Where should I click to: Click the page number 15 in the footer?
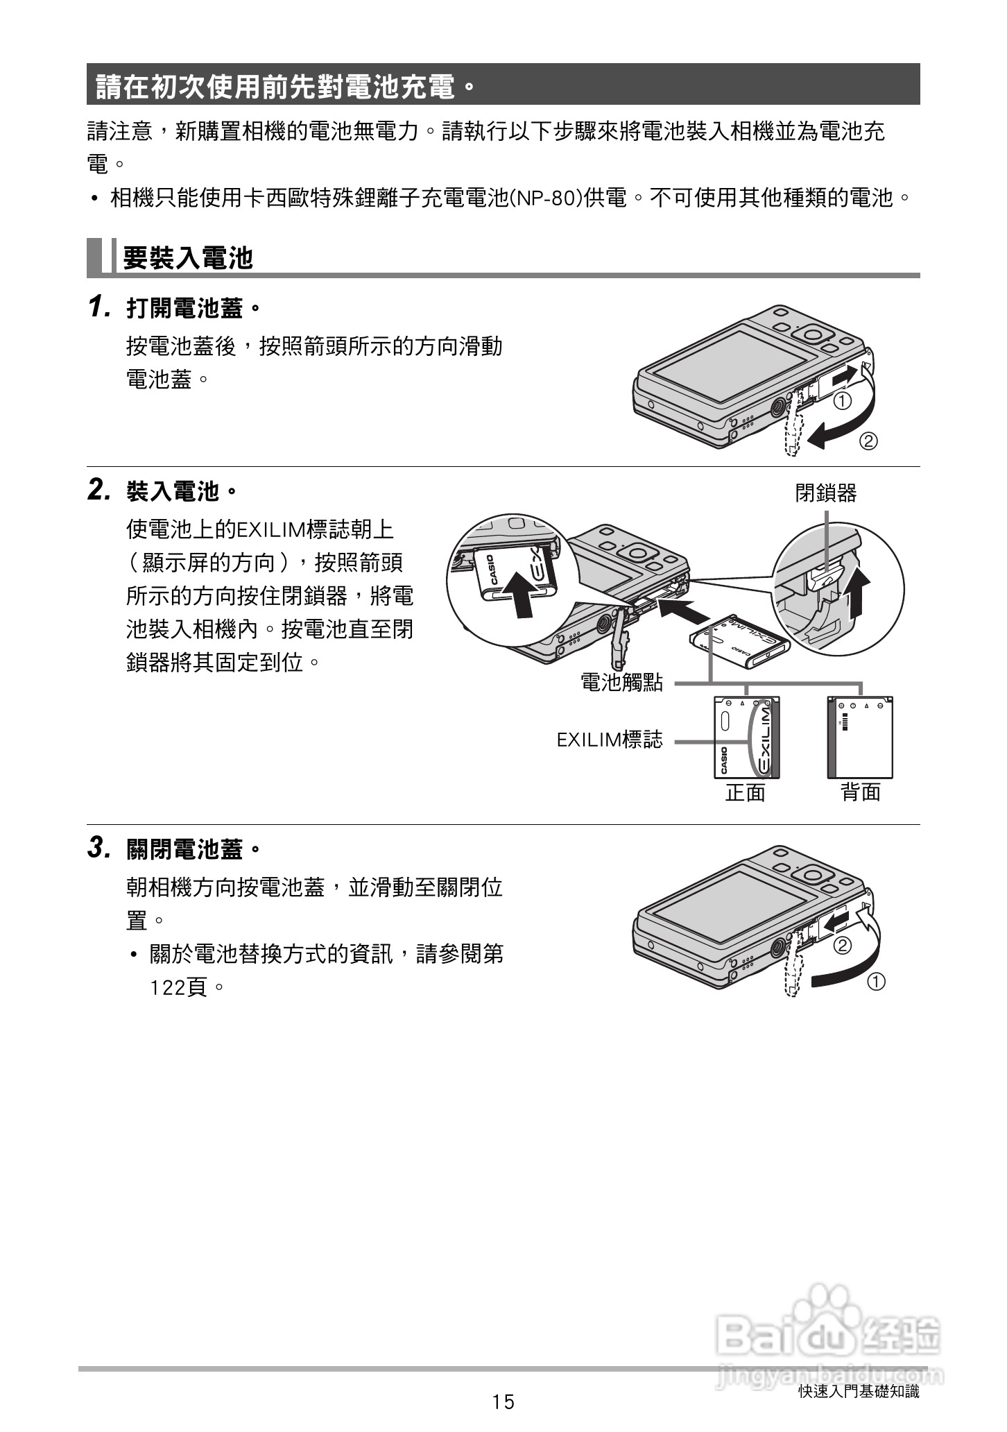pyautogui.click(x=504, y=1402)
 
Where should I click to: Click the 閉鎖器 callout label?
pyautogui.click(x=825, y=493)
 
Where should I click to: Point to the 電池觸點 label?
pyautogui.click(x=621, y=683)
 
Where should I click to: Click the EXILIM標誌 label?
pyautogui.click(x=610, y=740)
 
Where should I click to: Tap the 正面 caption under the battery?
pyautogui.click(x=745, y=792)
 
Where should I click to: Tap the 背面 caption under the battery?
pyautogui.click(x=861, y=792)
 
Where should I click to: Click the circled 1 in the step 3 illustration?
pyautogui.click(x=876, y=982)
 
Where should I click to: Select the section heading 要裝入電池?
pyautogui.click(x=188, y=258)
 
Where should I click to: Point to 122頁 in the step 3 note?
pyautogui.click(x=179, y=987)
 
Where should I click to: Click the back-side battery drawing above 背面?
pyautogui.click(x=860, y=738)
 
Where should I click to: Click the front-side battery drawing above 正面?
pyautogui.click(x=746, y=738)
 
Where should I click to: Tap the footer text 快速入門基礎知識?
pyautogui.click(x=859, y=1391)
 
